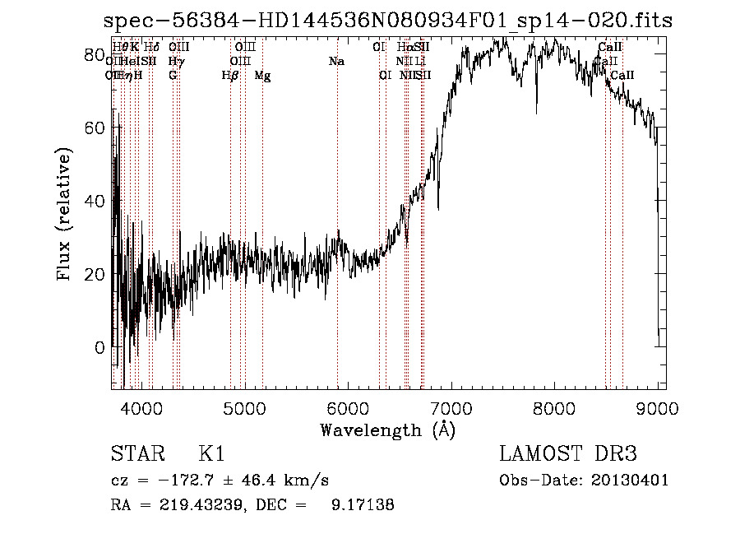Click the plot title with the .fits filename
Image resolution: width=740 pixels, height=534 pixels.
point(389,21)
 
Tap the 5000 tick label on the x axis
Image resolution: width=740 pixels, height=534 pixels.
point(244,407)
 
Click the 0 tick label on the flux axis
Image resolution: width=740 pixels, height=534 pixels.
point(99,347)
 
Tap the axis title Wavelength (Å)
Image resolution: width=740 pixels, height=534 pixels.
point(387,430)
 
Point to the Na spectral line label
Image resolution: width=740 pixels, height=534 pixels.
point(335,61)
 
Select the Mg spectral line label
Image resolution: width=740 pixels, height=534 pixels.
point(262,76)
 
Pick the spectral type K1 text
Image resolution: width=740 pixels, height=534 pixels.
point(211,454)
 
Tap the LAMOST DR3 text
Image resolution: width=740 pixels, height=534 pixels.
point(568,454)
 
